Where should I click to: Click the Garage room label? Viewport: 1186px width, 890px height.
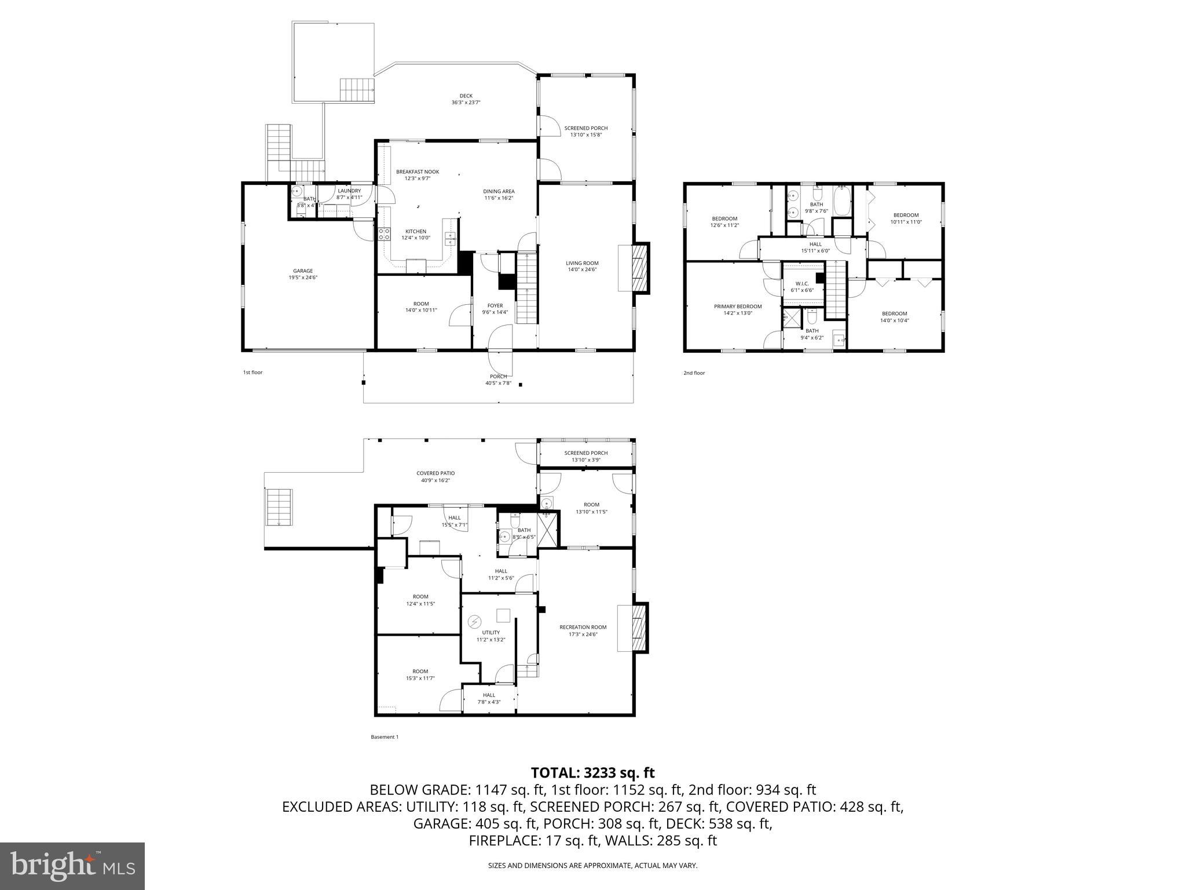[303, 271]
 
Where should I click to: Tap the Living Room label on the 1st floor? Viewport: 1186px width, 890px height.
[582, 263]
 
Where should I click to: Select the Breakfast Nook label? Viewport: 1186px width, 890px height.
[418, 172]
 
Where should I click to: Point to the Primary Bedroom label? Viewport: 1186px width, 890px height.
[738, 306]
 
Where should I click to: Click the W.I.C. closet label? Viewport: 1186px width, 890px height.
[802, 283]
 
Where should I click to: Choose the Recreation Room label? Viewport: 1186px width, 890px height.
[583, 627]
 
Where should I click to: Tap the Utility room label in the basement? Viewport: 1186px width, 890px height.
[490, 632]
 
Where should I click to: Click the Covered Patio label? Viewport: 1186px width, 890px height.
[435, 473]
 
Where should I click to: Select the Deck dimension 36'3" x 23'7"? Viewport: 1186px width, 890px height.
[466, 103]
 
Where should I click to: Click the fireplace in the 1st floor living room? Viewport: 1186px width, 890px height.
[639, 268]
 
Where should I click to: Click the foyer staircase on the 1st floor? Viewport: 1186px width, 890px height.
[527, 290]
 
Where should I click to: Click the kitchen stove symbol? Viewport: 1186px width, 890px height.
[384, 234]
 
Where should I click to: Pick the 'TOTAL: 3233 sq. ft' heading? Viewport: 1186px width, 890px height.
[592, 772]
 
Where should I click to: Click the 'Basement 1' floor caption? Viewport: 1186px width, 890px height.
[385, 737]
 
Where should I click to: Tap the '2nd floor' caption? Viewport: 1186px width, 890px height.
[694, 373]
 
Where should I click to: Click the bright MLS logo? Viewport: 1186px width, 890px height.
[72, 866]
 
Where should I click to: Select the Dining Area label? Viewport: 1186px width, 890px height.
[499, 191]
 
